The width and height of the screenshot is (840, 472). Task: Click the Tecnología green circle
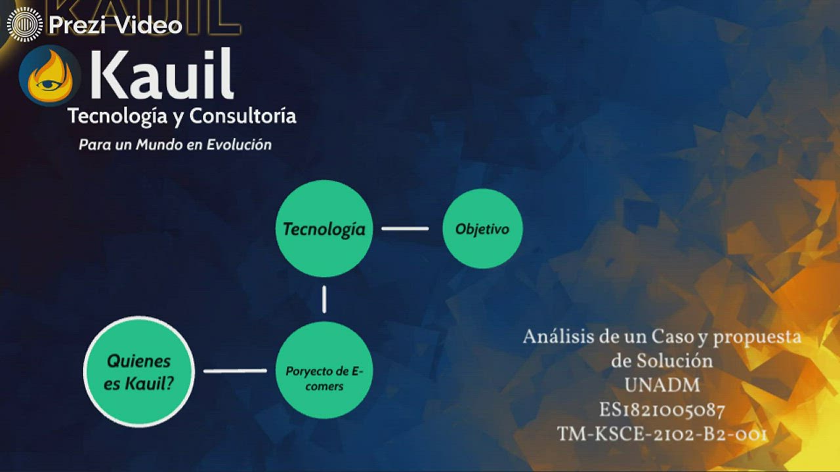324,229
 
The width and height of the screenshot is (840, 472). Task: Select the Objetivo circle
482,229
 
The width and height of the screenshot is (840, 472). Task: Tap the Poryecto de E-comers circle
324,370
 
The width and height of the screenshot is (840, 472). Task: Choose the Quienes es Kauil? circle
139,371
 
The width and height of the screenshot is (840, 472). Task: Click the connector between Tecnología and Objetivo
405,229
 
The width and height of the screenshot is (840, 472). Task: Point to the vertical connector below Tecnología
324,300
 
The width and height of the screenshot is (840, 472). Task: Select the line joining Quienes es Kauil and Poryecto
235,371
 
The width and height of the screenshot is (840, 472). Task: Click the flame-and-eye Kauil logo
49,75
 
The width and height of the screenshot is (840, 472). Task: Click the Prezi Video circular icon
24,25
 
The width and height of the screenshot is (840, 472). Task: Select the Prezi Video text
115,26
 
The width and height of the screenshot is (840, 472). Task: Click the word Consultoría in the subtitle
243,117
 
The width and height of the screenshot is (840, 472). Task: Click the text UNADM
661,385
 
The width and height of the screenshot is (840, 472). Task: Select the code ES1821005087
661,410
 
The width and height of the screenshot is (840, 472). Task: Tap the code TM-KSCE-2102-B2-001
661,434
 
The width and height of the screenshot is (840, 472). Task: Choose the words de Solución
661,361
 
